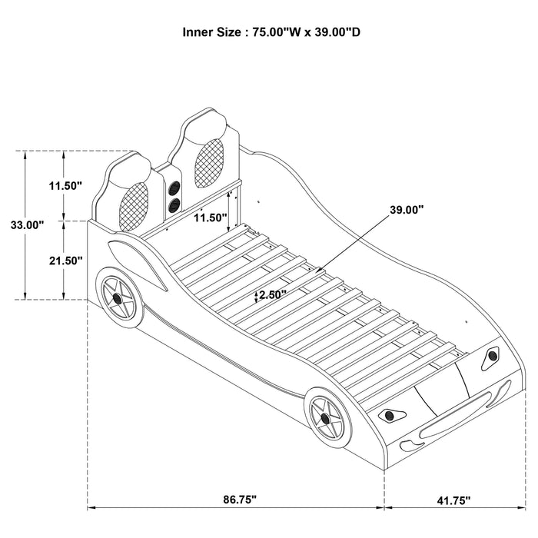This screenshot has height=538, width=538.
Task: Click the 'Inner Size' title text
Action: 269,33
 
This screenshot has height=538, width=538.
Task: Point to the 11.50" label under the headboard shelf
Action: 210,218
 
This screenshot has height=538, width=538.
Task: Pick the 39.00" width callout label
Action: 407,209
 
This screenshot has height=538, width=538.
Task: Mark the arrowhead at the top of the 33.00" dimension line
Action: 28,154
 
